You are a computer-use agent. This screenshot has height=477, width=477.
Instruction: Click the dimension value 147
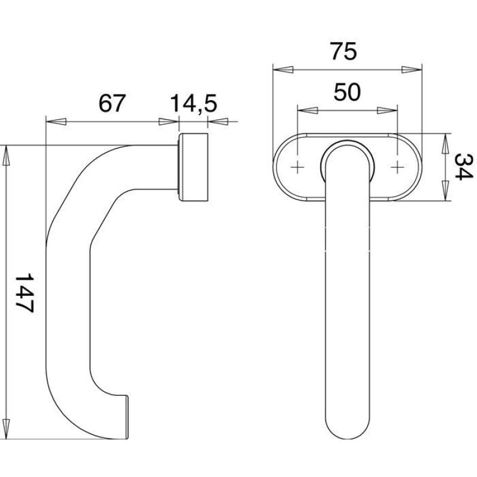pos(24,293)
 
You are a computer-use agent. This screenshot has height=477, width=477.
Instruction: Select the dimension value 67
pos(112,103)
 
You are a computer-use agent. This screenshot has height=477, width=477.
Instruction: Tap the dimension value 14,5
pos(193,104)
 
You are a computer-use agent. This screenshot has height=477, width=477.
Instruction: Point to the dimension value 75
pos(343,51)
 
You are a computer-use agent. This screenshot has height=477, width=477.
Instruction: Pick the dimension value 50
pos(347,92)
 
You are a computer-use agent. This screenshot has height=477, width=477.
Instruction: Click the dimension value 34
pos(463,167)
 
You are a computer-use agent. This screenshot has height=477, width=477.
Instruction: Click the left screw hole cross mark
pos(298,167)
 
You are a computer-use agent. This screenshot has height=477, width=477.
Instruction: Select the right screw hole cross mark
pos(397,167)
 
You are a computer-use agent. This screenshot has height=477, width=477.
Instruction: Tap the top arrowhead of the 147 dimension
pos(6,156)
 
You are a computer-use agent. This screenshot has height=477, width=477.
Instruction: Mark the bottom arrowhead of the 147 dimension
pos(6,429)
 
